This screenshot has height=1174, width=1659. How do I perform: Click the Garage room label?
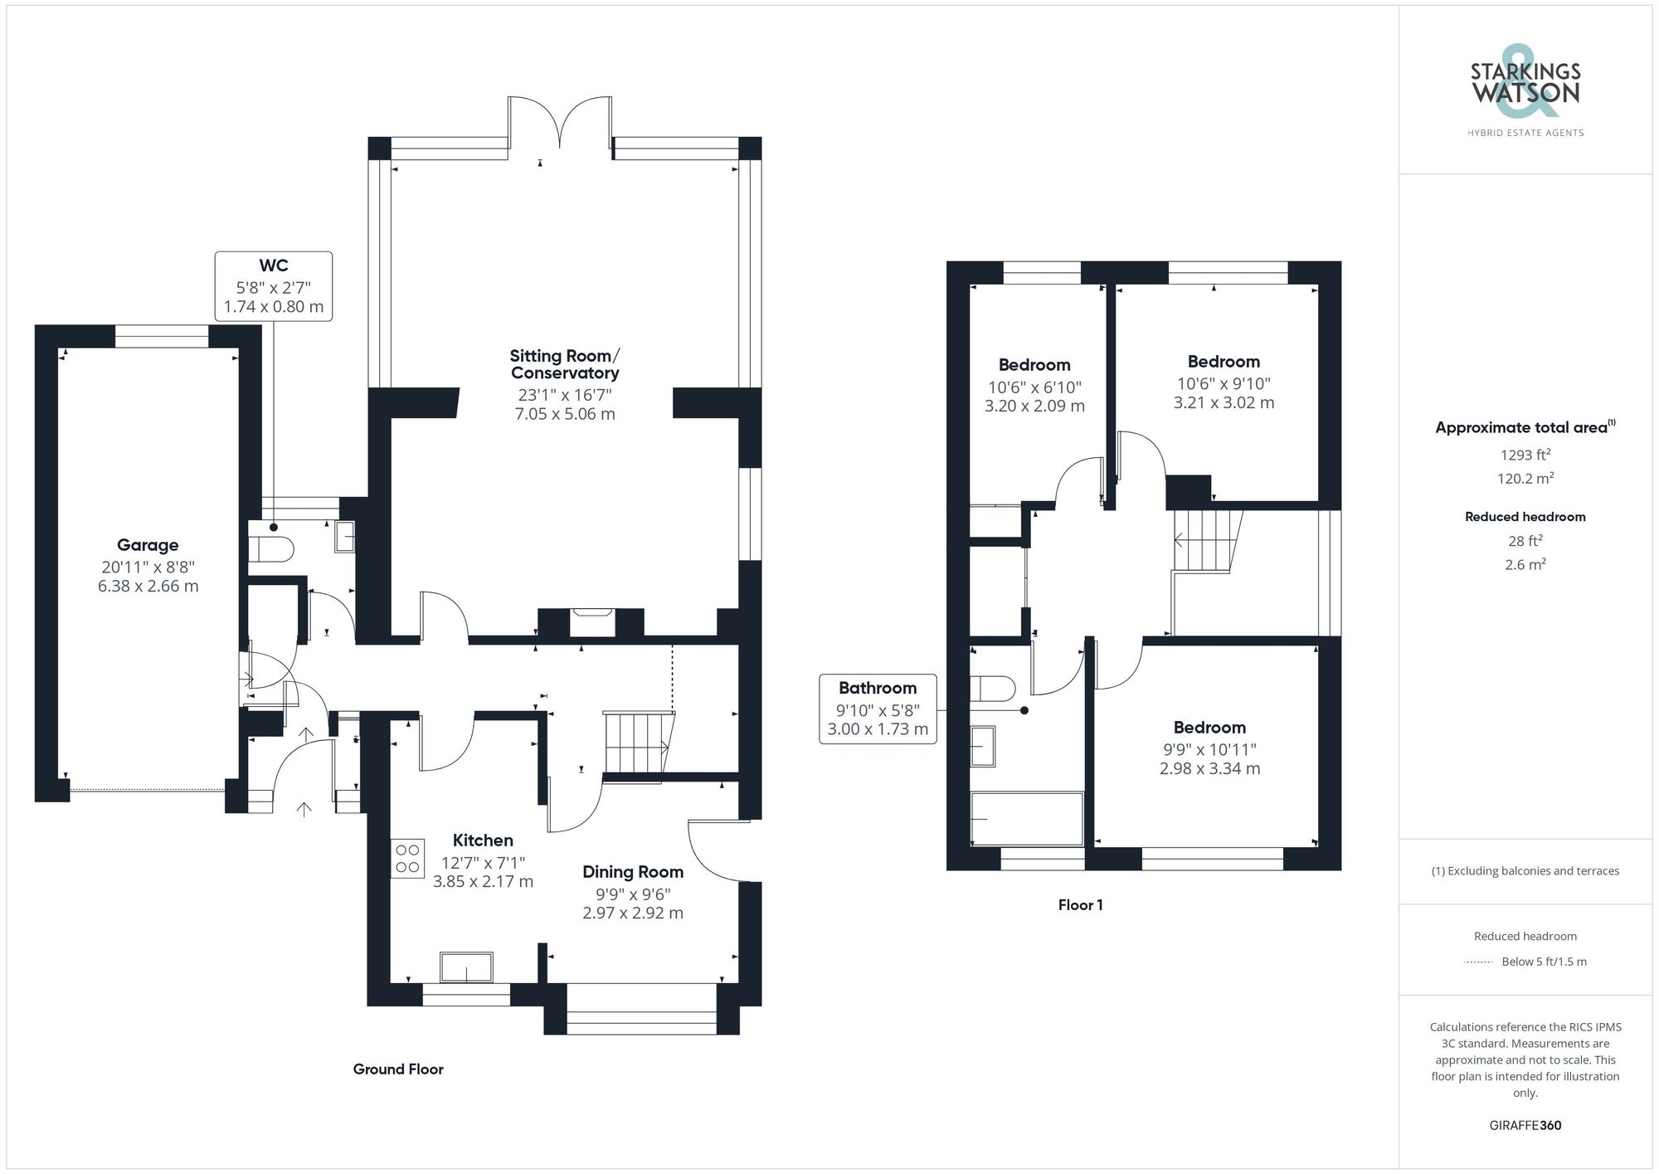[x=148, y=545]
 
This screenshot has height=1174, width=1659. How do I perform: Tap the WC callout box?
[x=274, y=286]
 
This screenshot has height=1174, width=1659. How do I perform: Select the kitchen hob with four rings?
[x=407, y=858]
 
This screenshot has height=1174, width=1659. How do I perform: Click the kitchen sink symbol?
[x=466, y=967]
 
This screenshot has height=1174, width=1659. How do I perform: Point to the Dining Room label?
[x=632, y=872]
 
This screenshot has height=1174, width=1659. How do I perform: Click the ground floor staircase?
[x=637, y=742]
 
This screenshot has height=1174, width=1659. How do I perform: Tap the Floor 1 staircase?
[x=1204, y=540]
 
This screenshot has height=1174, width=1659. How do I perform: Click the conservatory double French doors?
[x=560, y=124]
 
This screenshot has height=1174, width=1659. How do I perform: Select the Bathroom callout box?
[x=878, y=709]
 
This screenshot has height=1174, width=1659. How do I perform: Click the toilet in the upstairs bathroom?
[x=994, y=689]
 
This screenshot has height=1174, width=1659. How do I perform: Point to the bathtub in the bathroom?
[x=1027, y=819]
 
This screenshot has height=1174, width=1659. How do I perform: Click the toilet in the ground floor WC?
[x=271, y=549]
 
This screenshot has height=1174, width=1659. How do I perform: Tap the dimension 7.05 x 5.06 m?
[x=565, y=414]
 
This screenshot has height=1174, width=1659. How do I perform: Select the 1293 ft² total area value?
[x=1525, y=455]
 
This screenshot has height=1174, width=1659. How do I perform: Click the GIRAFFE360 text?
[x=1525, y=1125]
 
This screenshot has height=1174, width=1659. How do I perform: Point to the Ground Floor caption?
[x=398, y=1069]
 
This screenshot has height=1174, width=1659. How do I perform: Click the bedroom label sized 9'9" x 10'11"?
[x=1209, y=728]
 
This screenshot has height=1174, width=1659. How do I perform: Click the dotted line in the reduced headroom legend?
[x=1478, y=962]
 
